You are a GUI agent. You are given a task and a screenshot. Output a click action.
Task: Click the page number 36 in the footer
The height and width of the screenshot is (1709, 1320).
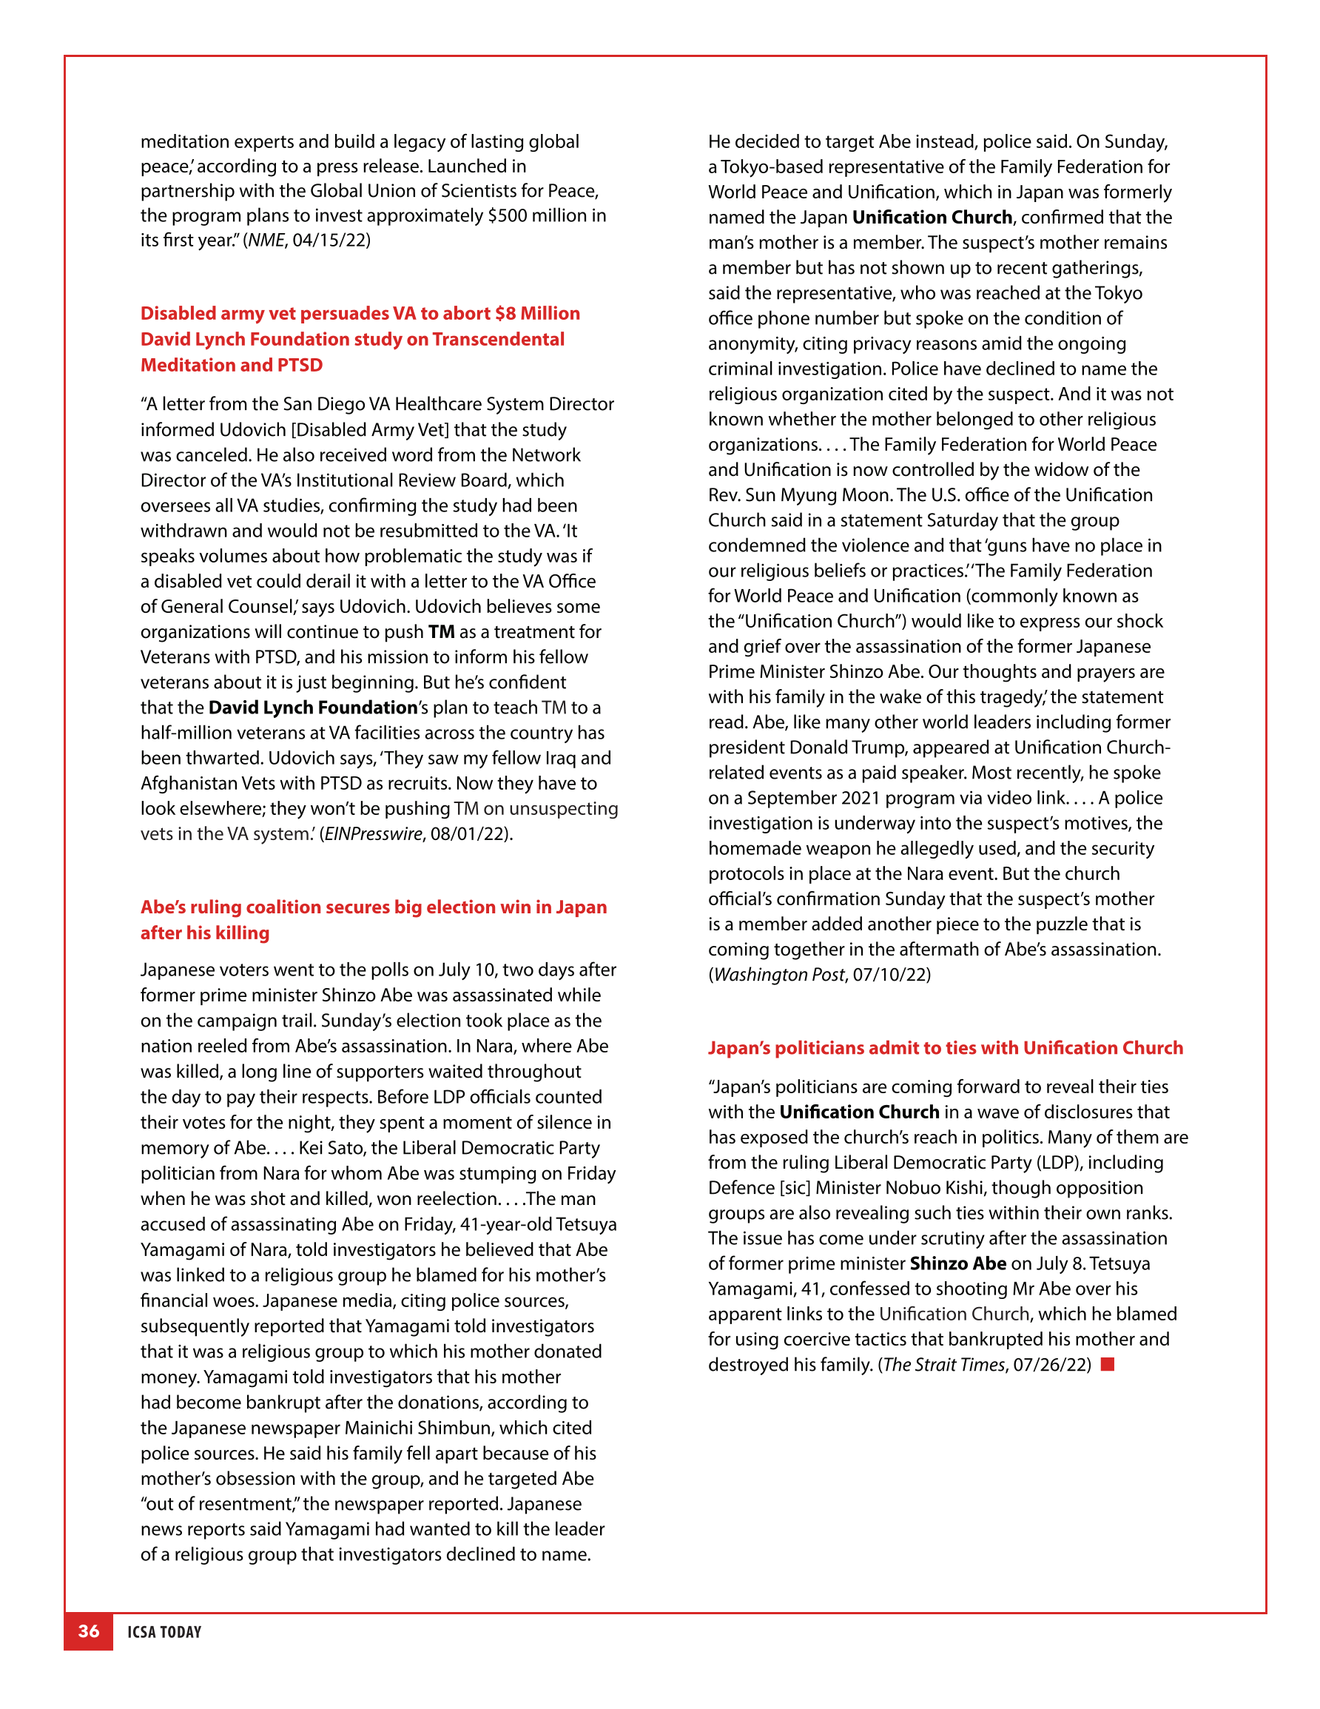(88, 1631)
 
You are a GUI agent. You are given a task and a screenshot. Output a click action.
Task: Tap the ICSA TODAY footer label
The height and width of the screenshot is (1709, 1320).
(164, 1631)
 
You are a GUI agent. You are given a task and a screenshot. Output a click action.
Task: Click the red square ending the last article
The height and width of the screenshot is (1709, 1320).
(1107, 1364)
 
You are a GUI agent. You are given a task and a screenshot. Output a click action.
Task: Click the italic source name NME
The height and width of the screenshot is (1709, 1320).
(266, 241)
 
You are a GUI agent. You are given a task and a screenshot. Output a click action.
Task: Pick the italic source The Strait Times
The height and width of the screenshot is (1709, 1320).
(943, 1364)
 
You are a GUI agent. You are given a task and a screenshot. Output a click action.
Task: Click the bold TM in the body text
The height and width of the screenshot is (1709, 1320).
(441, 631)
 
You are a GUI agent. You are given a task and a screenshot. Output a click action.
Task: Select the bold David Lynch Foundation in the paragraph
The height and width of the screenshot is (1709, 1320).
(313, 708)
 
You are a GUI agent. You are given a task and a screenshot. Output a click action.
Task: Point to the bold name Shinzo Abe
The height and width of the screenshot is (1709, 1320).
(957, 1263)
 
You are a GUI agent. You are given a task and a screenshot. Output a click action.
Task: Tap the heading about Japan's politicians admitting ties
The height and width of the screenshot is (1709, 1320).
(945, 1048)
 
